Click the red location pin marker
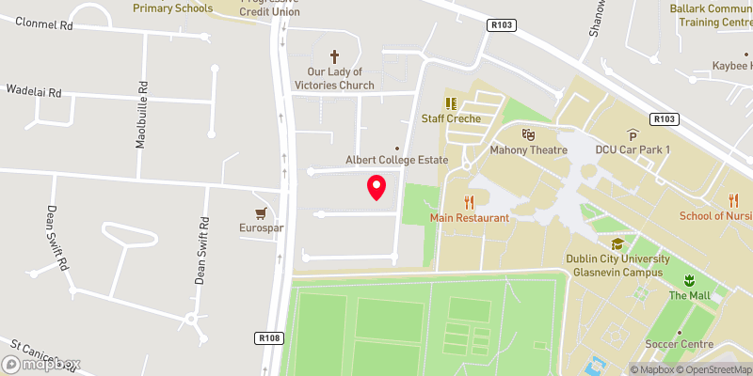pyautogui.click(x=376, y=187)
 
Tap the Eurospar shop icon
pyautogui.click(x=259, y=213)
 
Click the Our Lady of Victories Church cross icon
pyautogui.click(x=334, y=57)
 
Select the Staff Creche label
pyautogui.click(x=451, y=118)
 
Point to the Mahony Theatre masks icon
pyautogui.click(x=528, y=135)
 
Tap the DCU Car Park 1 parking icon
pyautogui.click(x=633, y=135)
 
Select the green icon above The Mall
pyautogui.click(x=688, y=280)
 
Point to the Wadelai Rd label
pyautogui.click(x=34, y=93)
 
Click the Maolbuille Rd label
pyautogui.click(x=142, y=116)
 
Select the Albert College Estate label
pyautogui.click(x=398, y=160)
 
